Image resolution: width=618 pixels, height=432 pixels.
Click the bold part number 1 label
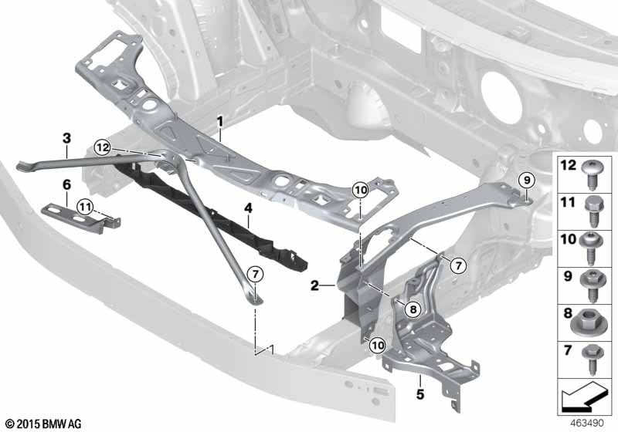[x=220, y=122]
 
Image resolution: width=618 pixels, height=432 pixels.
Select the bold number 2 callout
[x=314, y=285]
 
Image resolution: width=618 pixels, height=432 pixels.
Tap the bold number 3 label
[x=66, y=138]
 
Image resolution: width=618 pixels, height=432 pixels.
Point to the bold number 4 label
[x=248, y=208]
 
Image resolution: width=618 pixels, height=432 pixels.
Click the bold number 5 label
[x=420, y=394]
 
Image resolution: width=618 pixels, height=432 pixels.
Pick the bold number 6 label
[x=66, y=184]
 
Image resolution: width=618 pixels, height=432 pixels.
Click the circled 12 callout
[x=103, y=147]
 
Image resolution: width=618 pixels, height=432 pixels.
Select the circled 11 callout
[x=86, y=206]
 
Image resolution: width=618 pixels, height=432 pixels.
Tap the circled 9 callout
[x=527, y=181]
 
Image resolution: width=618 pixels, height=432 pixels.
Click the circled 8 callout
[x=413, y=309]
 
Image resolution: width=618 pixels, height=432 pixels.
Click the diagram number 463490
[x=586, y=423]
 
